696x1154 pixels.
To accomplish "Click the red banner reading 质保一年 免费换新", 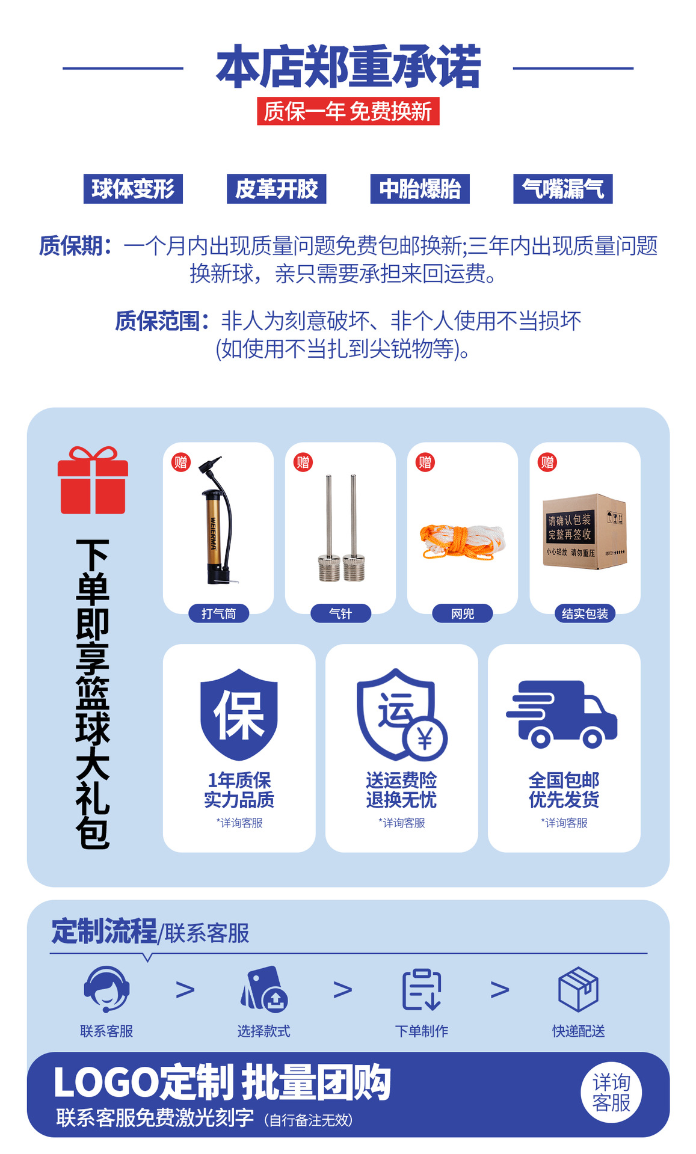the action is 348,111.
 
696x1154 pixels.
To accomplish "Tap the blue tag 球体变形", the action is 133,189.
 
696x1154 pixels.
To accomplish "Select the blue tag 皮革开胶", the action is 277,189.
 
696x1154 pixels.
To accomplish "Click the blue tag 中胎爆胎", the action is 420,189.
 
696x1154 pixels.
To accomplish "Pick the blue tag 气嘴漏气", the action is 563,189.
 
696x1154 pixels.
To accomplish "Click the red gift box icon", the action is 93,480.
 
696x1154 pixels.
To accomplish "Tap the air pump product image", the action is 218,520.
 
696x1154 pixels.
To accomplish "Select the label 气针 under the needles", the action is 340,613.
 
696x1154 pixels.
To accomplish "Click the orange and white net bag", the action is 461,541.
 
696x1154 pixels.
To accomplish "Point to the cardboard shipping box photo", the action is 585,532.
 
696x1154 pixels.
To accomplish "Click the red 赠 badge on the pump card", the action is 181,462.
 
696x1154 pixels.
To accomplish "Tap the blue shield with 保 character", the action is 239,714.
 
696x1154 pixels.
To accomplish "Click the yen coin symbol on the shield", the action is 425,739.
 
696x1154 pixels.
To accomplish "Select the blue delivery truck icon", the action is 562,714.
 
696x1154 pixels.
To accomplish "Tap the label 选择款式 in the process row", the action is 264,1031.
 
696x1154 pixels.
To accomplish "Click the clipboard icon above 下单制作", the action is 421,989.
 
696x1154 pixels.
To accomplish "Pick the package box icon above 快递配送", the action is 579,989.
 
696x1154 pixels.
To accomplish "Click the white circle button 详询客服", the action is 611,1093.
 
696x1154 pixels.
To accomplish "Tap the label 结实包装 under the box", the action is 585,613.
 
